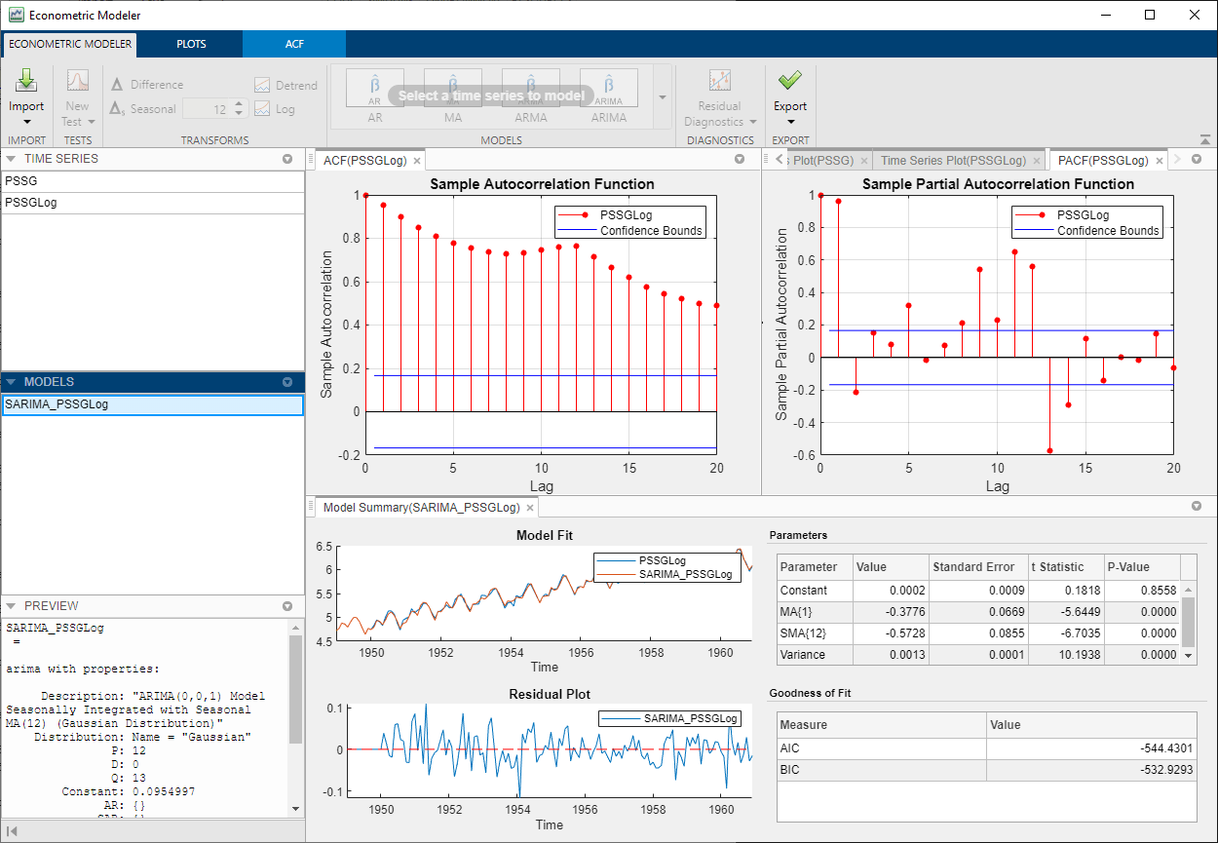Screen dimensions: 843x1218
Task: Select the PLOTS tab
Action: (x=191, y=44)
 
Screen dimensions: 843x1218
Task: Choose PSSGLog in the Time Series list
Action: (x=30, y=203)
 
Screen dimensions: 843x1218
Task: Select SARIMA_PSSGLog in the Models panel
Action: (x=57, y=404)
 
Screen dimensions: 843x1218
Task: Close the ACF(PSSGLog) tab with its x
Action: (x=417, y=161)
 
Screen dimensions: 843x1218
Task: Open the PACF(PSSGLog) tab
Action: (x=1102, y=161)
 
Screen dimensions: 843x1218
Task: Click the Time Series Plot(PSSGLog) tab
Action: (x=952, y=161)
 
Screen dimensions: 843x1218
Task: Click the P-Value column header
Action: (x=1128, y=567)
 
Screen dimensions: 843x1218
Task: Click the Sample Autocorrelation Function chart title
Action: (x=542, y=183)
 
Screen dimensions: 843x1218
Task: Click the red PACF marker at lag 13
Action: (x=1050, y=451)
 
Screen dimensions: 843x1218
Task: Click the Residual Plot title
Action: (x=549, y=695)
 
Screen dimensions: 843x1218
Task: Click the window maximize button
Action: (x=1150, y=15)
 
